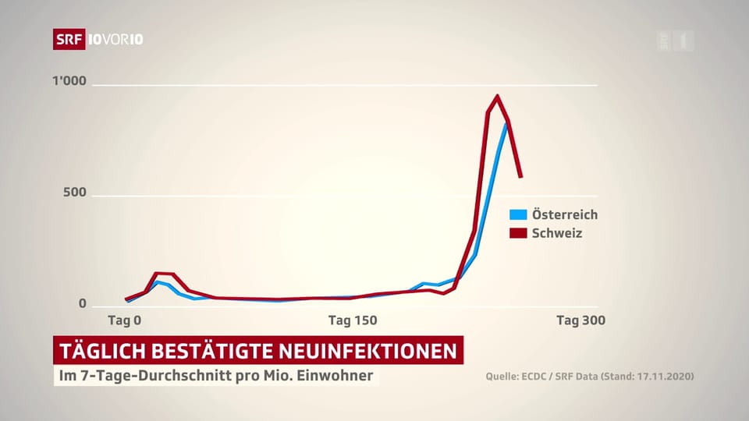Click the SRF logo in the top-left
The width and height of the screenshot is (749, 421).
coord(69,39)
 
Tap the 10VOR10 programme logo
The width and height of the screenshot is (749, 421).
coord(115,39)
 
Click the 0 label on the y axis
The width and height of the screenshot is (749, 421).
coord(82,304)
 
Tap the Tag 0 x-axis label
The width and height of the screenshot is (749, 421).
coord(124,320)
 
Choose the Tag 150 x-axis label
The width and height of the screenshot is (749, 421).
coord(352,320)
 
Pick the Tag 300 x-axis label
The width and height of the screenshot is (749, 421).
coord(580,320)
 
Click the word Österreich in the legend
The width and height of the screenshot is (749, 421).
coord(564,214)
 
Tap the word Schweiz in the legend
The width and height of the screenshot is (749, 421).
coord(557,232)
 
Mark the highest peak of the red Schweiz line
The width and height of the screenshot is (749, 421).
coord(497,97)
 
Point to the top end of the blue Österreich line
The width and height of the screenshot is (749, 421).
coord(506,125)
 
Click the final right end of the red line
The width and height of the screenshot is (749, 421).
coord(520,176)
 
